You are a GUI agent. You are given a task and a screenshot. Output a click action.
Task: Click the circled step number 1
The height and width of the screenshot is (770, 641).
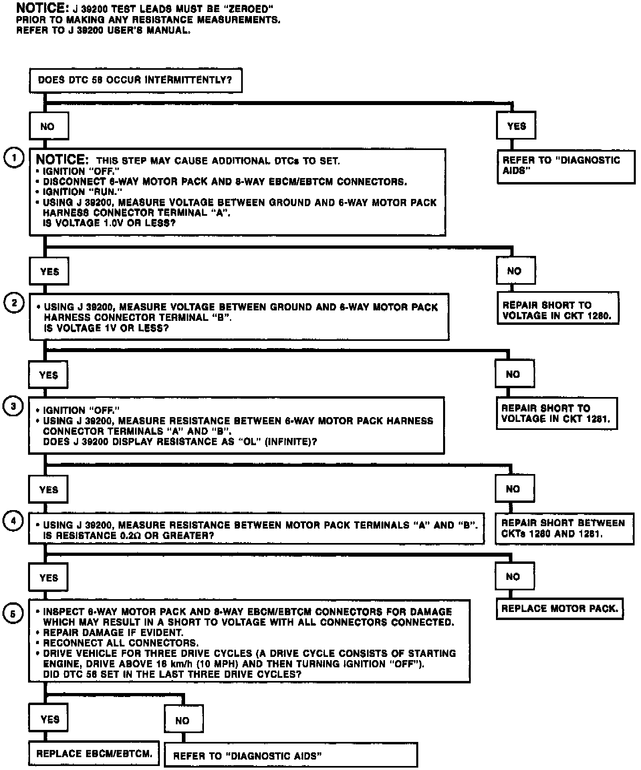tap(14, 158)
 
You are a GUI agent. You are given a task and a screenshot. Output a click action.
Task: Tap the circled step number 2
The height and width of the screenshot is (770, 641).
tap(14, 303)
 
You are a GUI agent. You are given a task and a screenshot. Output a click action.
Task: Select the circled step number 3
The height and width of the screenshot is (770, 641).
tap(13, 407)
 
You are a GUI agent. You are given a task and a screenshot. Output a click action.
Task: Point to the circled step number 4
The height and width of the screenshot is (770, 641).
tap(13, 521)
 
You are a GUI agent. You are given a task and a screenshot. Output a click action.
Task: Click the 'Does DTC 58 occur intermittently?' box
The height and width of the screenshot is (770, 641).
tap(135, 80)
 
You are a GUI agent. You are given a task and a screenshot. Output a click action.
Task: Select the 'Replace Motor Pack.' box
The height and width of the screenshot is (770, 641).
tap(559, 609)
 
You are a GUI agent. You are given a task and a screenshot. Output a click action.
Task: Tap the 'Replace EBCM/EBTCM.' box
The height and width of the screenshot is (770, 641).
tap(94, 754)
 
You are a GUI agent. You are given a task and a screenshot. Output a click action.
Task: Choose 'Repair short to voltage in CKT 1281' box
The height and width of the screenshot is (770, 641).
tap(556, 413)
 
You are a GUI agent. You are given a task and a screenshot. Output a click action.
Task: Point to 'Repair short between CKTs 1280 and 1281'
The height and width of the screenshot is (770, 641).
tap(564, 529)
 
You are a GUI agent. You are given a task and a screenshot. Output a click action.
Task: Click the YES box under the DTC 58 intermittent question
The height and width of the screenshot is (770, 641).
tap(516, 126)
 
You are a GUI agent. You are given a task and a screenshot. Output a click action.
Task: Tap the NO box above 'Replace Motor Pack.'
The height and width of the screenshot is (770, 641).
tap(514, 577)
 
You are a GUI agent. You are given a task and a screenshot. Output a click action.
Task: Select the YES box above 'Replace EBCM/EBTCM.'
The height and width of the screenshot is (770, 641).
tap(49, 719)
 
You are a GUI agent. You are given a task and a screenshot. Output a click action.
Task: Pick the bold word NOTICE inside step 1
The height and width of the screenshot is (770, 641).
tap(62, 160)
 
